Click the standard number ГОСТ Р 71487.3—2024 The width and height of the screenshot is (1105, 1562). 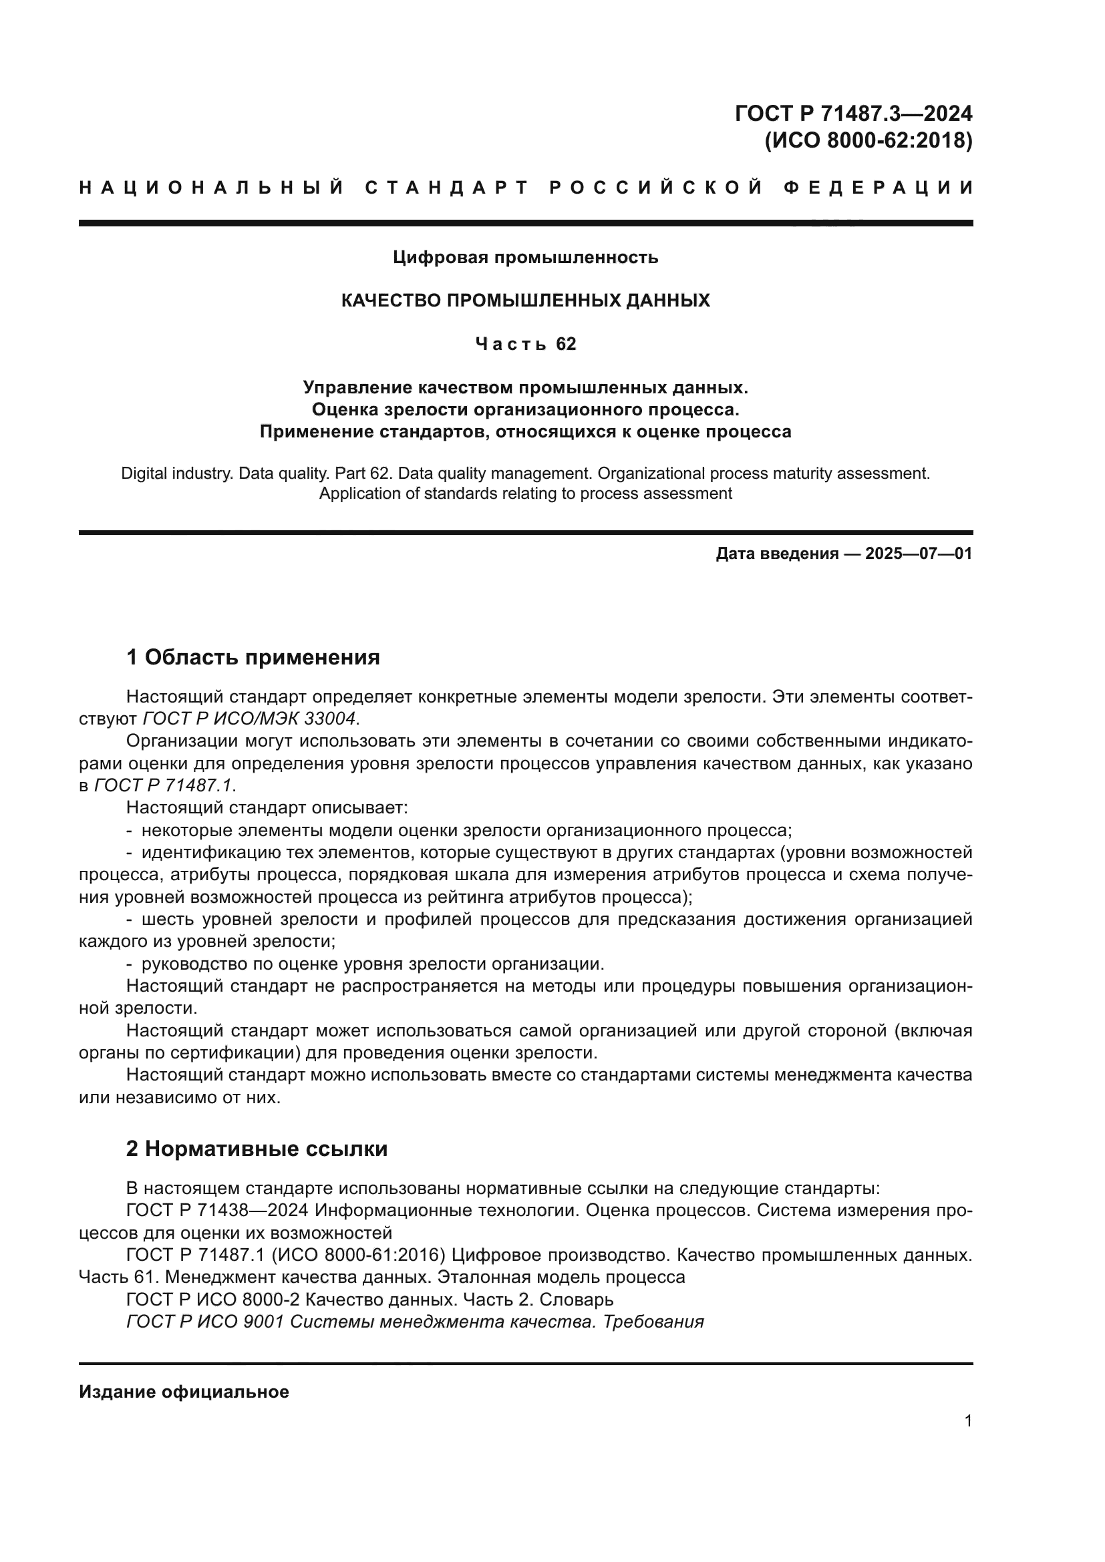(853, 113)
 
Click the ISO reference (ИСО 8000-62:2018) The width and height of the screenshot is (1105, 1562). (869, 140)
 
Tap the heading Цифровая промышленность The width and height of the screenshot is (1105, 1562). (525, 257)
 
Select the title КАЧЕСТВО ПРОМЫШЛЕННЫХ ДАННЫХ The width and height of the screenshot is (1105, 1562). (525, 301)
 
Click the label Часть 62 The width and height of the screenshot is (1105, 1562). (525, 344)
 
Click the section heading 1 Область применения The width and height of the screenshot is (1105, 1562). (253, 657)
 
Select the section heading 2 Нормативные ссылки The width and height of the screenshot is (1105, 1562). (257, 1149)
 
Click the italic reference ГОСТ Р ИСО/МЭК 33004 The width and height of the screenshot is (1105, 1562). (250, 719)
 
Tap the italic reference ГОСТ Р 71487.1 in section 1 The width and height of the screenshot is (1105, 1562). (163, 786)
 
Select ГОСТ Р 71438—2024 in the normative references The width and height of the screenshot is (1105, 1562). (218, 1211)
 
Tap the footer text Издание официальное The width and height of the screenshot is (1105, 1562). (184, 1392)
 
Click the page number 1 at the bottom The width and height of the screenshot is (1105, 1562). (967, 1421)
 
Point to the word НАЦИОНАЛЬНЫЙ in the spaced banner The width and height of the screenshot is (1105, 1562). (211, 188)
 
